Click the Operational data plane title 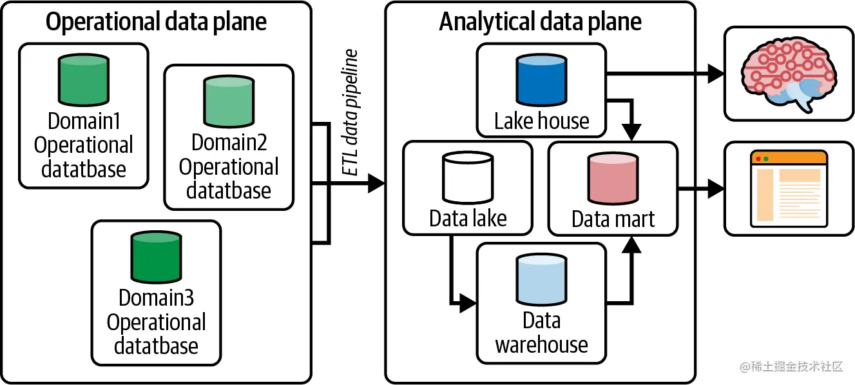[x=157, y=23]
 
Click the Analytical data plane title [x=540, y=23]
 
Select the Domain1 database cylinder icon [x=84, y=81]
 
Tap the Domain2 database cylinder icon [x=229, y=102]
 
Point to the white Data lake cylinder [x=467, y=179]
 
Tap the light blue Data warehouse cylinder [x=541, y=279]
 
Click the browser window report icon [x=789, y=188]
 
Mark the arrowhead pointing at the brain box [x=715, y=74]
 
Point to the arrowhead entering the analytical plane [x=376, y=184]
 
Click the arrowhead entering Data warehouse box [x=469, y=304]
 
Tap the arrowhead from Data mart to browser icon [x=715, y=189]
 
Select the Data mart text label [x=613, y=219]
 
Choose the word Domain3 [x=156, y=298]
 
